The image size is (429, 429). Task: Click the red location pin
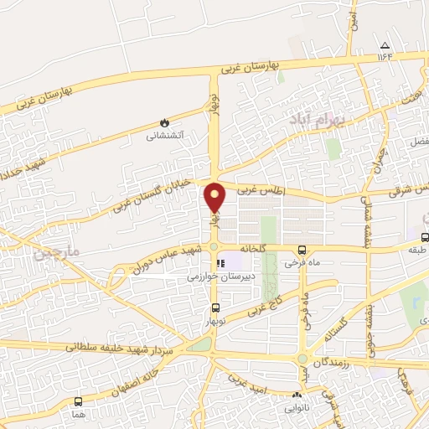(x=215, y=197)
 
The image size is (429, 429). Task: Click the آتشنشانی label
(x=165, y=134)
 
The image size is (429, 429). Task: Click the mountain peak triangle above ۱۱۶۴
(x=385, y=45)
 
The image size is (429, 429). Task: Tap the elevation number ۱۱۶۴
(x=385, y=56)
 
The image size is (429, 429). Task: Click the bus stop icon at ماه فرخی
(x=302, y=249)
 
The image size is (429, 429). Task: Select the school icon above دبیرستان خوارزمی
(x=220, y=263)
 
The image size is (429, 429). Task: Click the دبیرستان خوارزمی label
(x=220, y=275)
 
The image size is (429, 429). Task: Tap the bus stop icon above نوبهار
(x=215, y=308)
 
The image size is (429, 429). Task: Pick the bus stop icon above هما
(x=78, y=401)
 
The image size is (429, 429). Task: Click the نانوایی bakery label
(x=296, y=409)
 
